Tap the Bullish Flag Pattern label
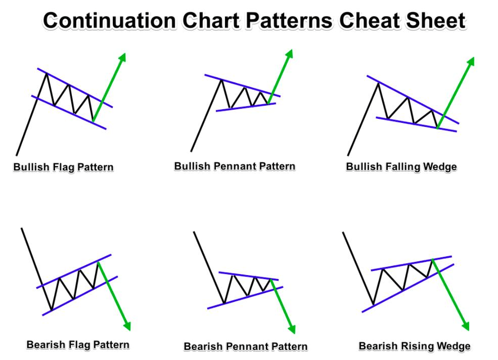(x=63, y=167)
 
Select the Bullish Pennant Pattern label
(x=235, y=166)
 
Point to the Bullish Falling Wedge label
(x=401, y=167)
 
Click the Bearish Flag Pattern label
(x=78, y=345)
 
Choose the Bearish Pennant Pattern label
(x=245, y=346)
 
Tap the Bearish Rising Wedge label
(x=415, y=346)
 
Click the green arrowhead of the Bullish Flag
(x=122, y=57)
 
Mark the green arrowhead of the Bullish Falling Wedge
(x=471, y=62)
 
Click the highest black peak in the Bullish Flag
(x=47, y=73)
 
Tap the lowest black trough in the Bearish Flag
(x=51, y=310)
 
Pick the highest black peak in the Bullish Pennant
(x=221, y=79)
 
